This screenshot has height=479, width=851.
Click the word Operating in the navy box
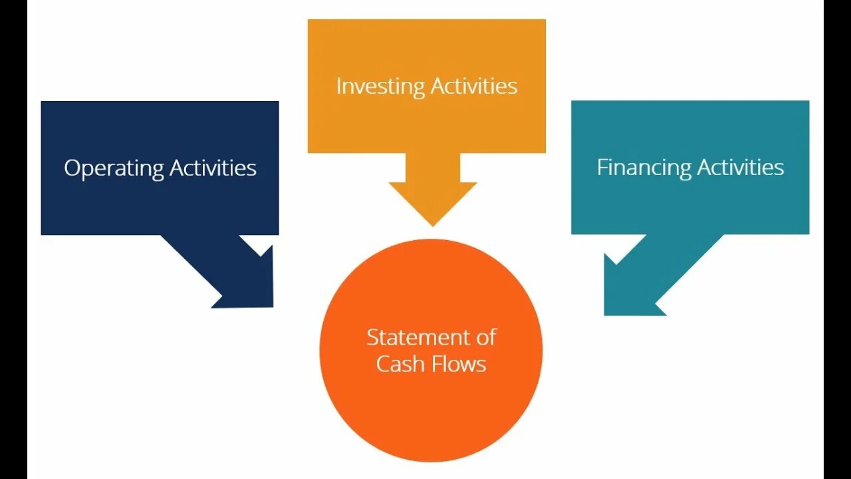point(114,168)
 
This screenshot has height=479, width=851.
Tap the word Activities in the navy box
point(213,168)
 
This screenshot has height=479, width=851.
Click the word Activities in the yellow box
point(473,86)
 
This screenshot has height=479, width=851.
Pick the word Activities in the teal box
point(740,167)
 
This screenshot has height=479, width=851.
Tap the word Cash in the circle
point(397,364)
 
